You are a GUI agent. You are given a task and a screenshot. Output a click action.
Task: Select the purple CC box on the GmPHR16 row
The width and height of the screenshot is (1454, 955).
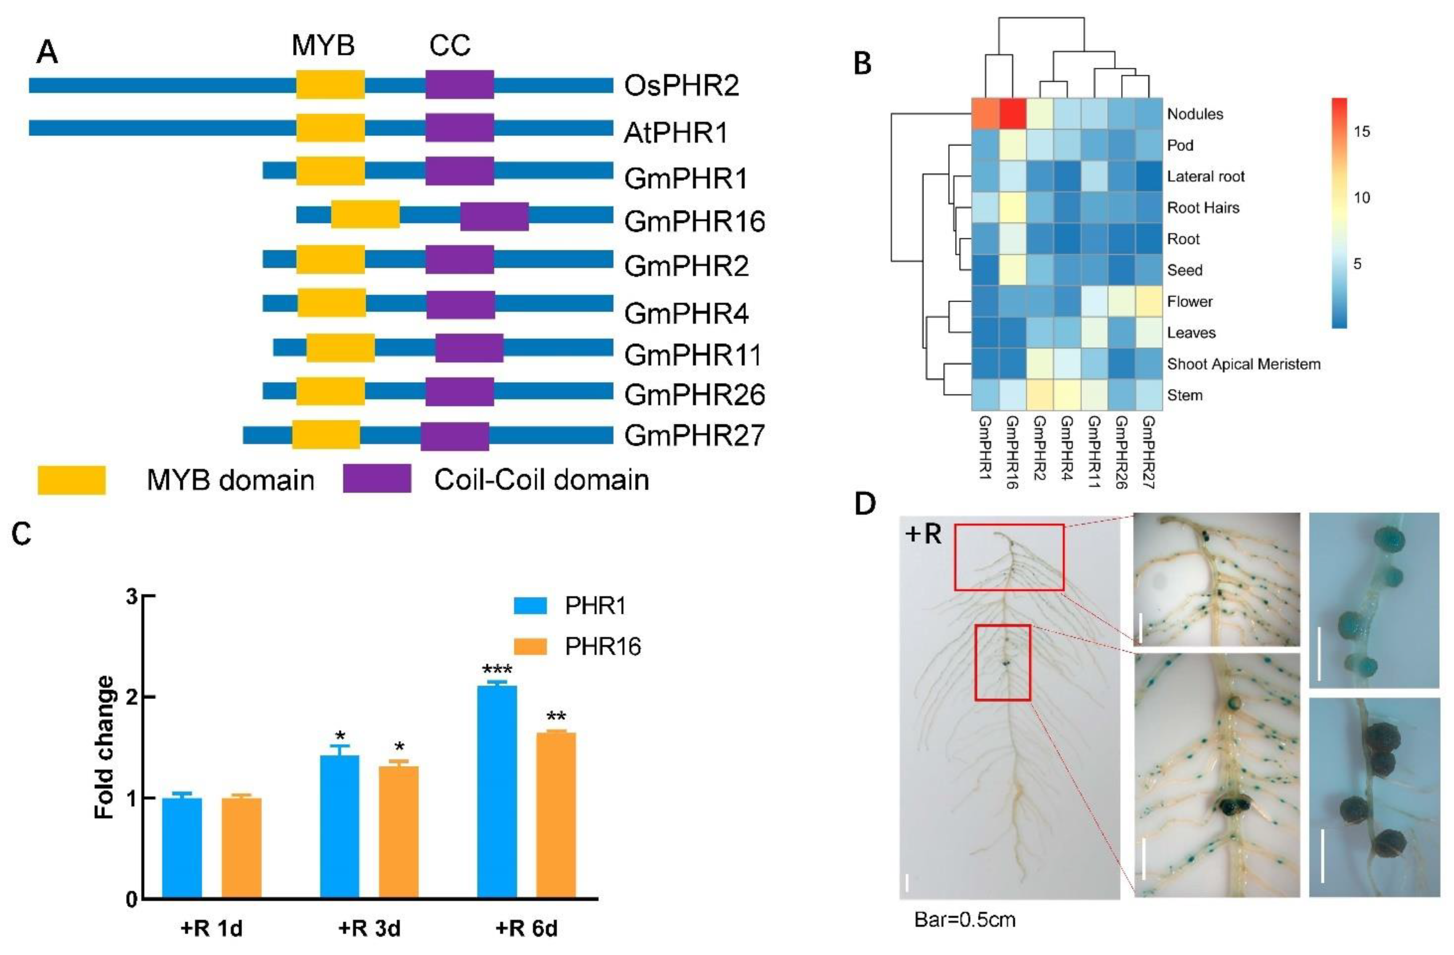coord(494,216)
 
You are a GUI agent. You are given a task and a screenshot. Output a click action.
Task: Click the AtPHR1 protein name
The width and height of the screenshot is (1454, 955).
coord(676,133)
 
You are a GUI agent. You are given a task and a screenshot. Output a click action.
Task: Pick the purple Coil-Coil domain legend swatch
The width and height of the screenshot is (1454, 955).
coord(377,479)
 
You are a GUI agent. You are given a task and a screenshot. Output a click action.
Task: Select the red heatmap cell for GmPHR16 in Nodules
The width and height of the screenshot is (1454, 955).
coord(1014,114)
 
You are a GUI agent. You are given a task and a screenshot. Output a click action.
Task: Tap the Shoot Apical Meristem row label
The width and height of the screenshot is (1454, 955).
coord(1243,364)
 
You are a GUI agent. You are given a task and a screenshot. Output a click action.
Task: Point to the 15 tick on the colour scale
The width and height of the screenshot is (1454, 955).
coord(1361,131)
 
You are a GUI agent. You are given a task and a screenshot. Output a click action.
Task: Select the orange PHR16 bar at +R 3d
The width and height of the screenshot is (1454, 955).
coord(398,832)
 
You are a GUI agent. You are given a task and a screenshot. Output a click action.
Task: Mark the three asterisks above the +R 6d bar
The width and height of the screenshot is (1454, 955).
coord(497,669)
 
